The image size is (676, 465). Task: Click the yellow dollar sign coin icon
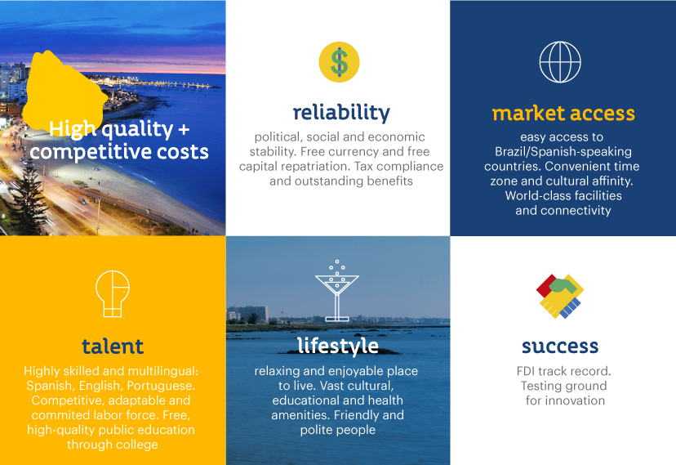(339, 62)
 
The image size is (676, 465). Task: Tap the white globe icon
(560, 62)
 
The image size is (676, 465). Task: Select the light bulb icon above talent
(113, 293)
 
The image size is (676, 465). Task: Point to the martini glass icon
(337, 291)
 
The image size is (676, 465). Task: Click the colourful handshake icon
(560, 297)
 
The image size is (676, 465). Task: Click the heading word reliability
(341, 113)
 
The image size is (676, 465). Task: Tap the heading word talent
(113, 347)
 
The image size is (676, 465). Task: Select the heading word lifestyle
(338, 346)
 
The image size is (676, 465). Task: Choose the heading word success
(560, 347)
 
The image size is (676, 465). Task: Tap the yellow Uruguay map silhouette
(64, 92)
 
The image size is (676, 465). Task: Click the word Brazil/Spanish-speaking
(563, 152)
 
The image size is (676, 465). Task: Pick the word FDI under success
(526, 371)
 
